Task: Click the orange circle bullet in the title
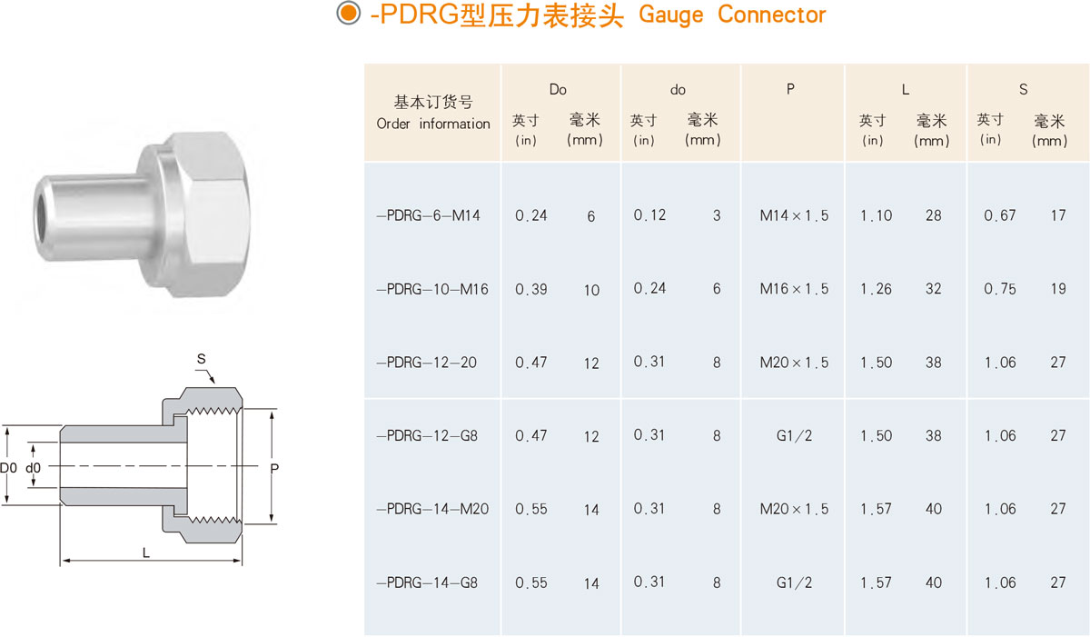(x=347, y=15)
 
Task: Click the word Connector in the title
(x=771, y=15)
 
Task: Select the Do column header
(x=558, y=89)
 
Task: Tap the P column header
(x=790, y=89)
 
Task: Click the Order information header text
(x=433, y=124)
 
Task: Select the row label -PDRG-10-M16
(x=432, y=290)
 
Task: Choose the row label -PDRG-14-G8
(x=427, y=582)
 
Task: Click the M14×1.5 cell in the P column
(x=794, y=216)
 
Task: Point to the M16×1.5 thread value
(x=794, y=290)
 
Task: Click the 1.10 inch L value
(x=876, y=216)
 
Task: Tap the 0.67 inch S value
(x=999, y=216)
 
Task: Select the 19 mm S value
(x=1058, y=290)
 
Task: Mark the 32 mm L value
(x=934, y=290)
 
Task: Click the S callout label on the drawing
(x=201, y=360)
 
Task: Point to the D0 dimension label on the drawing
(x=8, y=468)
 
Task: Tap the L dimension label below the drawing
(x=146, y=552)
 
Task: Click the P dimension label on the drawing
(x=273, y=468)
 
